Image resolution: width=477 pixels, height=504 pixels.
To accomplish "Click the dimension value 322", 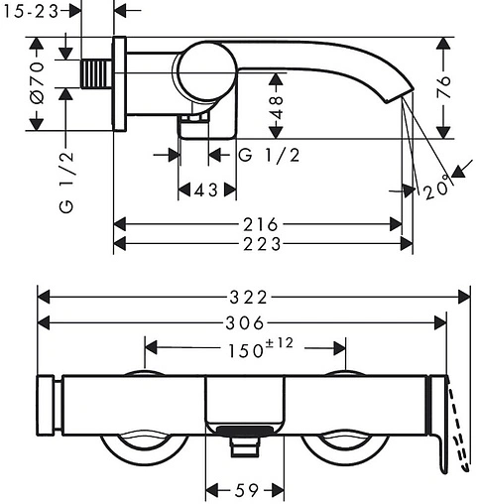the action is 248,297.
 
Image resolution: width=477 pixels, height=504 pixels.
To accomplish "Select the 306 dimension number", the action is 245,322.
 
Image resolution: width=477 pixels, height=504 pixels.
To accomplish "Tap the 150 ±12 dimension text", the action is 261,348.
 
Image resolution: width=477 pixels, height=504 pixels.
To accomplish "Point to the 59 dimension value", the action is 246,490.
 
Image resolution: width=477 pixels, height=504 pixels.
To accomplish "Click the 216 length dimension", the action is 261,224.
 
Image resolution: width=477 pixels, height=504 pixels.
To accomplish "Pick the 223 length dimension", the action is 262,244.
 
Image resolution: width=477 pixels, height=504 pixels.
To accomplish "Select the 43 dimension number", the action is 206,190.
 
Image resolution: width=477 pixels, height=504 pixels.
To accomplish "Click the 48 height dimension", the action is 276,107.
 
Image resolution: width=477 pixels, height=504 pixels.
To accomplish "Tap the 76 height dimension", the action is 443,86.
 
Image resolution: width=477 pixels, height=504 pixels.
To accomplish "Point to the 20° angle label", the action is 436,188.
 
